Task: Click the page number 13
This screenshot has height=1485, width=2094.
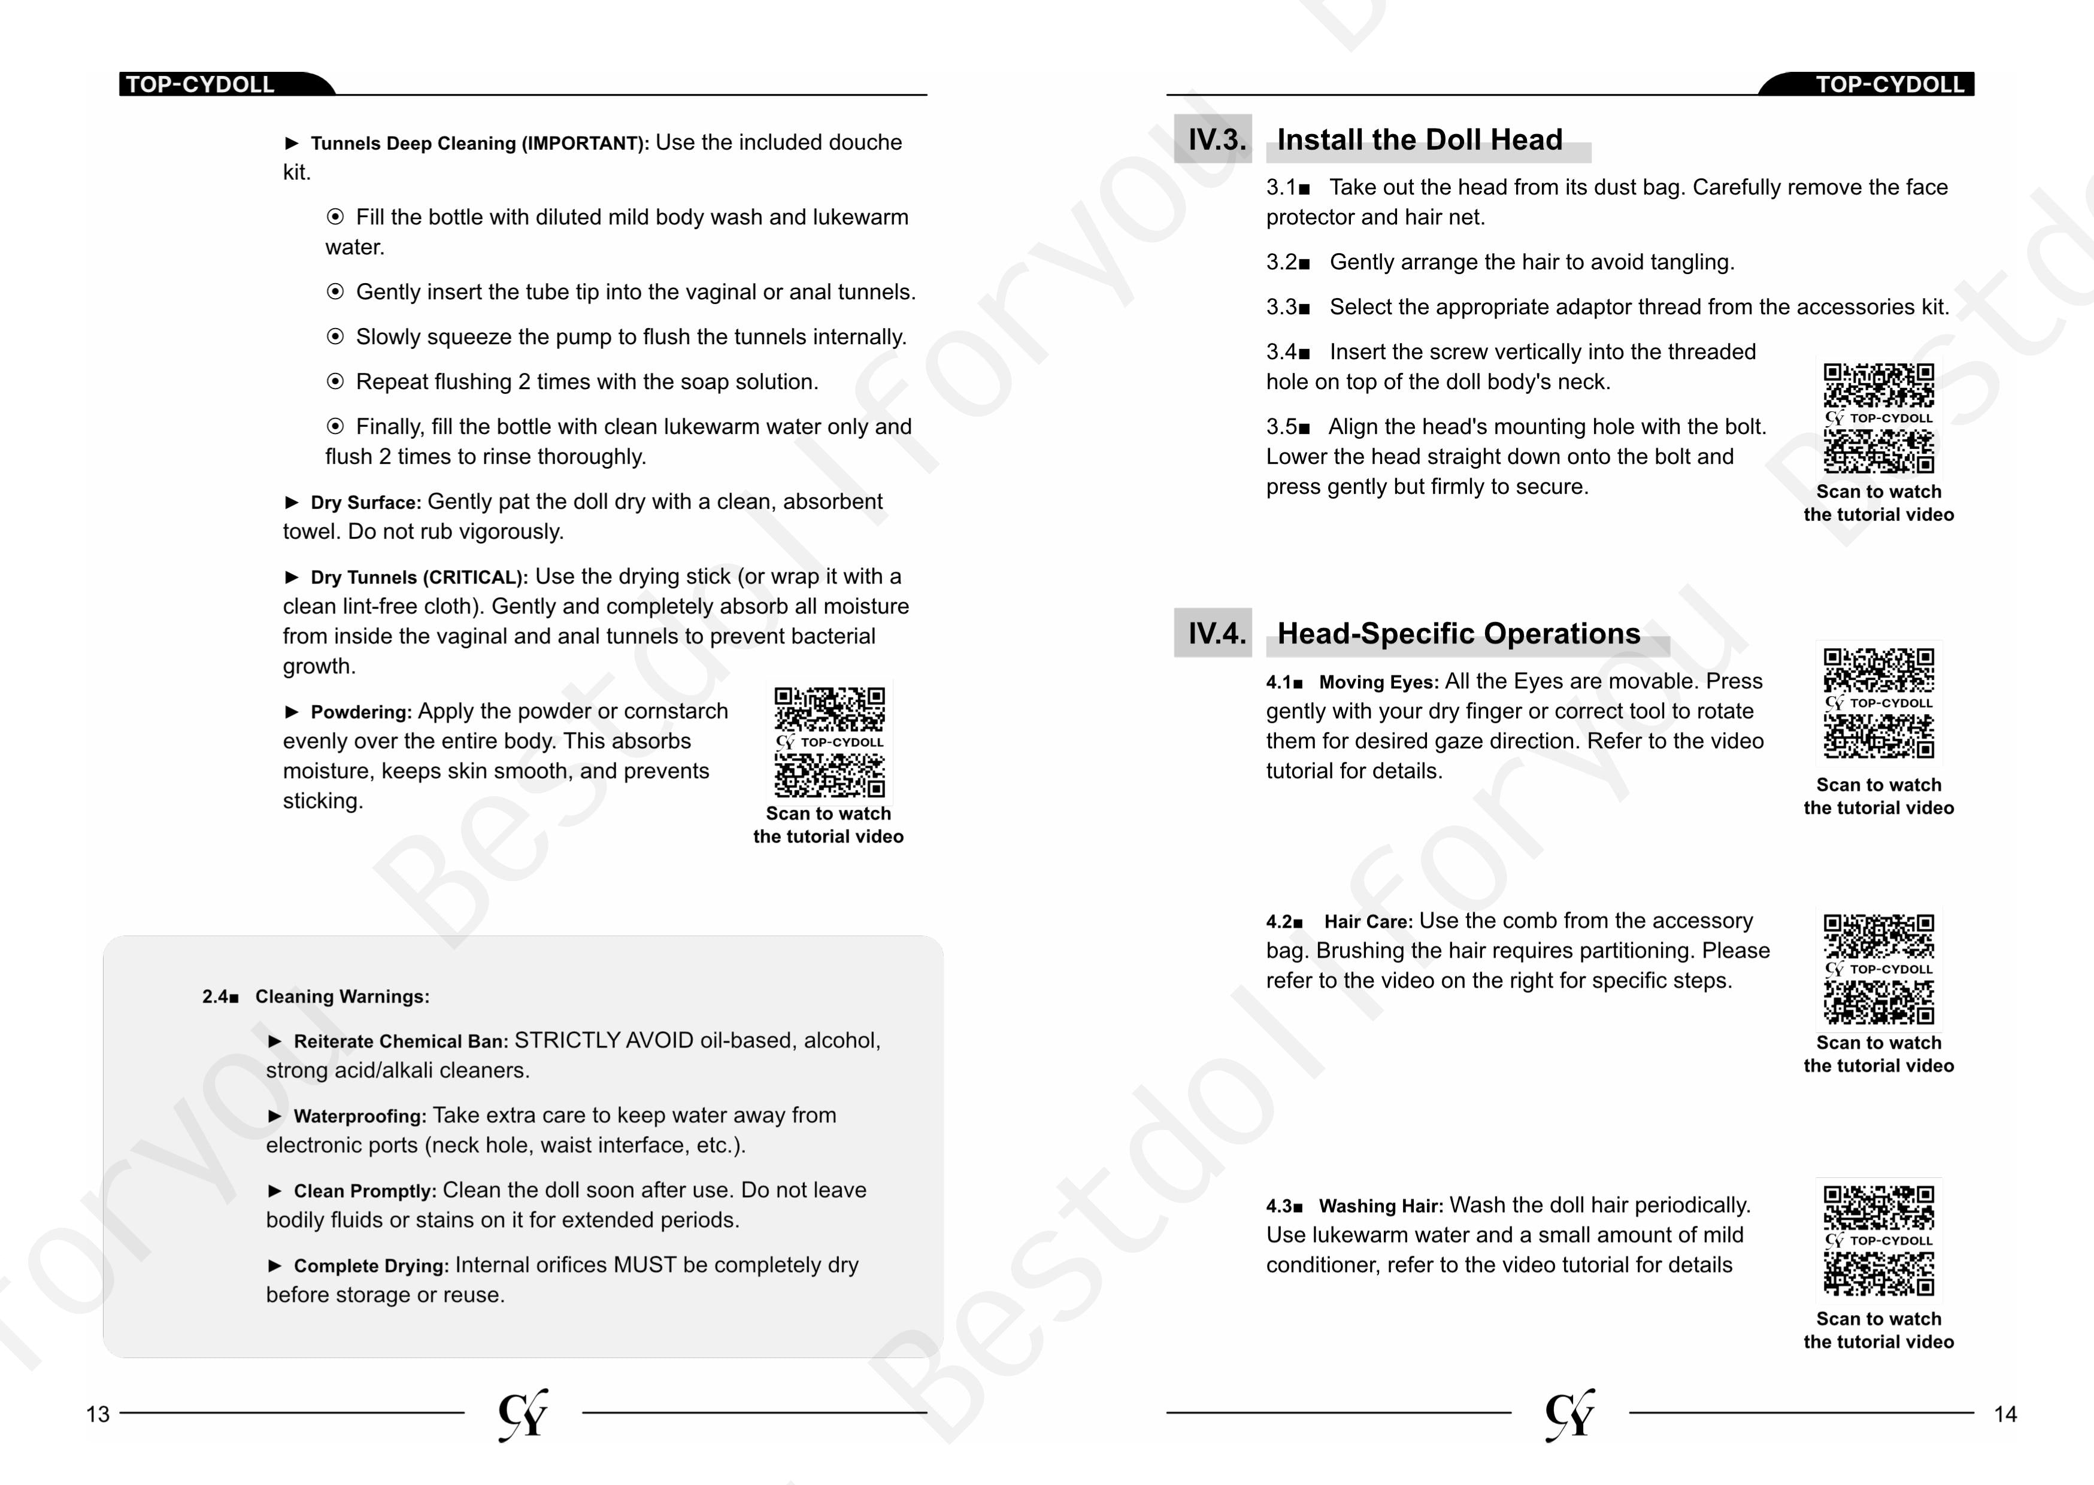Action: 98,1414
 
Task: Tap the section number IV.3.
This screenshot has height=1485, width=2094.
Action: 1216,140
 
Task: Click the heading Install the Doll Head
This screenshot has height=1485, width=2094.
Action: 1419,140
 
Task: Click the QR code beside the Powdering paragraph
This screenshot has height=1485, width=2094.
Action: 829,742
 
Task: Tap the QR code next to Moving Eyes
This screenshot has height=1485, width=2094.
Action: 1878,702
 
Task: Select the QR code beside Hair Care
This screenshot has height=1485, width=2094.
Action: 1878,968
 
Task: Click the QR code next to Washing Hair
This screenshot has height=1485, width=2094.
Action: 1878,1240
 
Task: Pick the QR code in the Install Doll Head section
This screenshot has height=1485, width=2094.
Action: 1878,417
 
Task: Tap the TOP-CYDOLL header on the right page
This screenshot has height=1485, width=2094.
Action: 1889,84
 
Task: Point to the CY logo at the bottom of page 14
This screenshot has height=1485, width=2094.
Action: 1570,1414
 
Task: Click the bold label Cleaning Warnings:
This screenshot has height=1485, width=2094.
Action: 342,997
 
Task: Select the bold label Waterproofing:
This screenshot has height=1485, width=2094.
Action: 359,1116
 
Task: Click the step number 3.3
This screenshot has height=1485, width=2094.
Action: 1281,307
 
